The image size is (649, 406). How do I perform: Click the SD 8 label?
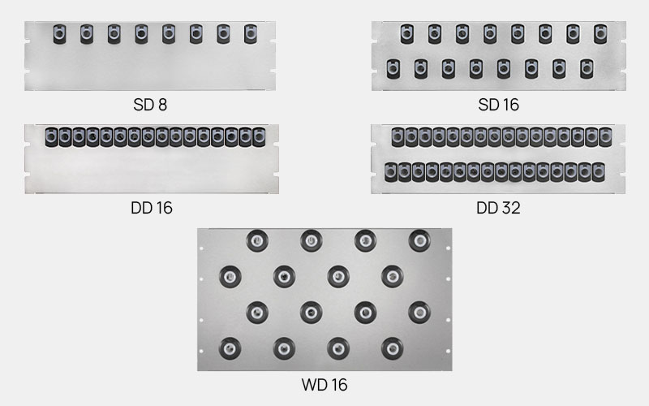click(x=150, y=105)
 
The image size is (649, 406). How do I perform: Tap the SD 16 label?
click(x=498, y=105)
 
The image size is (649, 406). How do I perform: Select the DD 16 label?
click(x=152, y=208)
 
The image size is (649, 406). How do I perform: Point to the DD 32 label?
click(x=498, y=208)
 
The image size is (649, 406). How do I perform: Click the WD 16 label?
click(x=324, y=385)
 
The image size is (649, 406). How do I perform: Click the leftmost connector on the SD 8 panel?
click(x=59, y=34)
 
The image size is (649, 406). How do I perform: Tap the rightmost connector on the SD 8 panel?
click(x=251, y=34)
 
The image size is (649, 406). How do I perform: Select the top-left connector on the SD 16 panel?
click(x=407, y=34)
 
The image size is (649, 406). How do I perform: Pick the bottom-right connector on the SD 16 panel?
click(x=587, y=69)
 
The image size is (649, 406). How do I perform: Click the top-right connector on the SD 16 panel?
click(x=600, y=34)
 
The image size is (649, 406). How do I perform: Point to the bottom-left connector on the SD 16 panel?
click(x=393, y=69)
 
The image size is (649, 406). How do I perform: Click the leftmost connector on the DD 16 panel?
click(x=52, y=137)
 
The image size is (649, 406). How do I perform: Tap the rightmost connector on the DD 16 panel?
click(x=259, y=137)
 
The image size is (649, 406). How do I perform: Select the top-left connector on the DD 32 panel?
click(x=398, y=137)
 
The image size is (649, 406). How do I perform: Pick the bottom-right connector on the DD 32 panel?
click(x=599, y=172)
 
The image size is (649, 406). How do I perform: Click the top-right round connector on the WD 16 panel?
click(x=419, y=240)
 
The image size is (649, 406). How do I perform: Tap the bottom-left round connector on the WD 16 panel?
click(x=230, y=348)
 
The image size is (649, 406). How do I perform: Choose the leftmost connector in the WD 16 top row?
click(x=257, y=240)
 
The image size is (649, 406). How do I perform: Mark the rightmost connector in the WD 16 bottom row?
click(x=393, y=348)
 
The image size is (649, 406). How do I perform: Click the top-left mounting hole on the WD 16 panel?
click(x=201, y=248)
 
